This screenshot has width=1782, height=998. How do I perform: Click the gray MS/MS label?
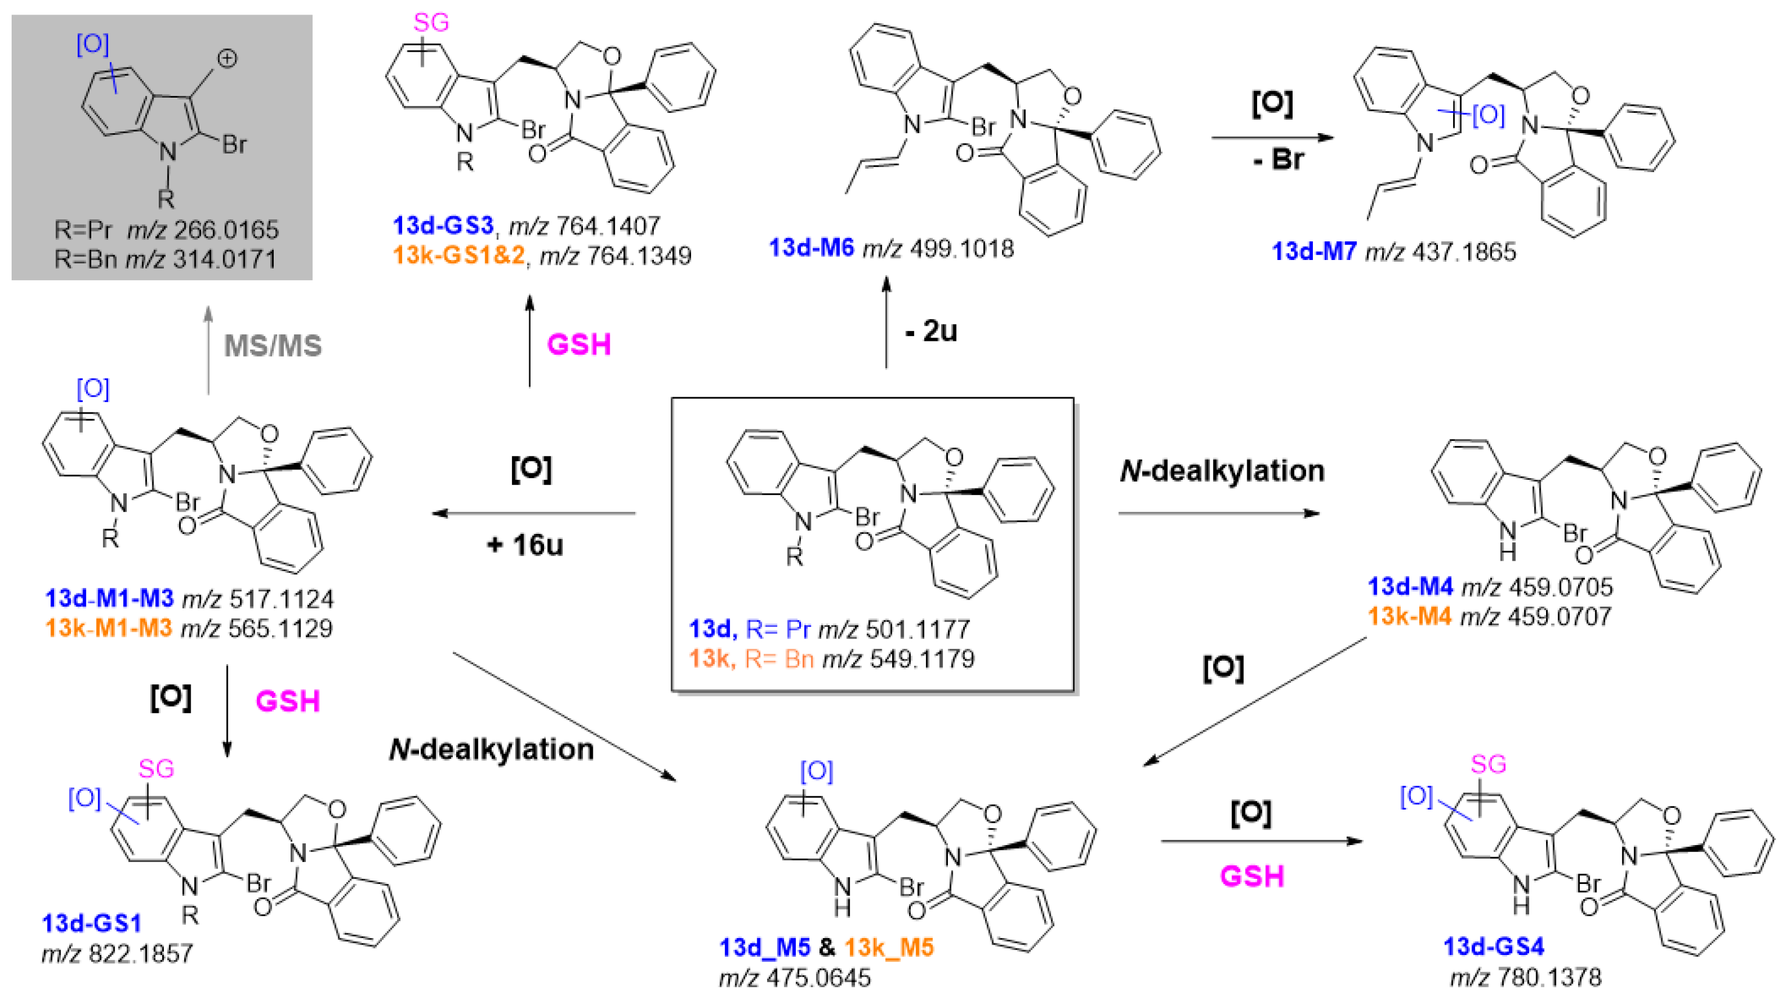273,345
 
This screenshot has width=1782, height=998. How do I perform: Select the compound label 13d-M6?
811,248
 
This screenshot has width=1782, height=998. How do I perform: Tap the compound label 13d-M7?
1314,251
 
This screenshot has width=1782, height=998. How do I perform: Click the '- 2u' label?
931,331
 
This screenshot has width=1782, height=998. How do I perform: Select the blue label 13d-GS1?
92,922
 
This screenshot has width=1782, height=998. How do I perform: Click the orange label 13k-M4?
1409,616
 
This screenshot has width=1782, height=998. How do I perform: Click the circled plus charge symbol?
227,59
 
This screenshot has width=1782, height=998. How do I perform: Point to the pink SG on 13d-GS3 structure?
431,23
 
